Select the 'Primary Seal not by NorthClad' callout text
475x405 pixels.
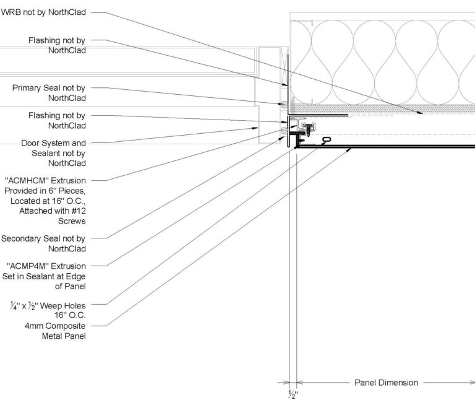pos(49,93)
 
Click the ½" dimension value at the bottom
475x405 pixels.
pos(293,394)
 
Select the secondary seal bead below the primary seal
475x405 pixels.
pos(284,132)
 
